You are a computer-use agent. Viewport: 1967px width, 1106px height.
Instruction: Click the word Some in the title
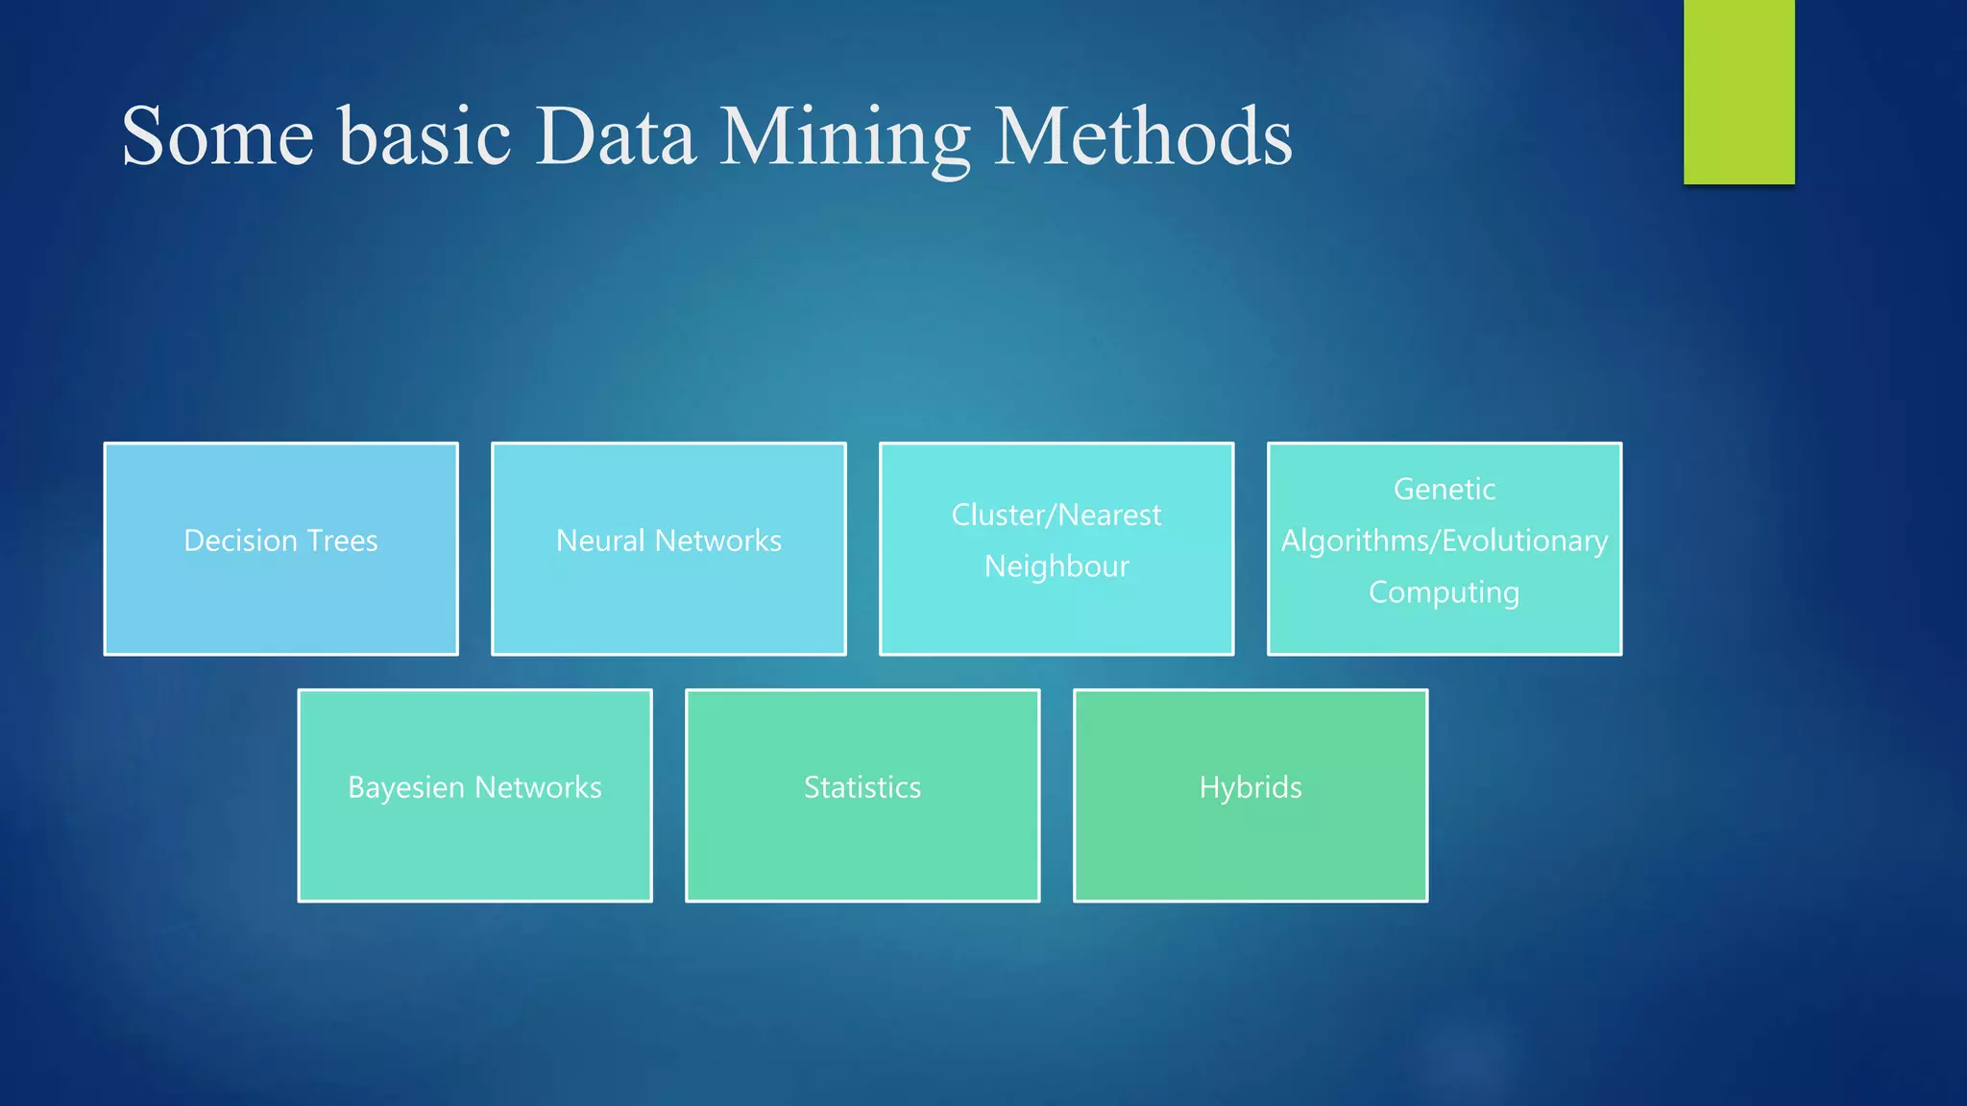click(x=218, y=137)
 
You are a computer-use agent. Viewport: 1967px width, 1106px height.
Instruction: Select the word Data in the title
click(x=615, y=137)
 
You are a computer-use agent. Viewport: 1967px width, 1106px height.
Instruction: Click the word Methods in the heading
click(x=1143, y=137)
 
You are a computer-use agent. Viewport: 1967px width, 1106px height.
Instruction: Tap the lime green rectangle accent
click(x=1738, y=91)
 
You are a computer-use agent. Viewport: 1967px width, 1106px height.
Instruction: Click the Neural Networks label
click(x=668, y=541)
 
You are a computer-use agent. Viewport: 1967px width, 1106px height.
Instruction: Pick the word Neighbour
click(x=1056, y=566)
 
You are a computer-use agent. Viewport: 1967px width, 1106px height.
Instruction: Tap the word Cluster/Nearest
click(x=1056, y=516)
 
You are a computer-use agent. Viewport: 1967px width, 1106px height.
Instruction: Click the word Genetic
click(x=1445, y=490)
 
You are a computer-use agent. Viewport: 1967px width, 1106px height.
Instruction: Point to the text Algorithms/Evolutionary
click(x=1445, y=541)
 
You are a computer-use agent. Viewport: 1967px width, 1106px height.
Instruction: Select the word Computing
click(x=1445, y=592)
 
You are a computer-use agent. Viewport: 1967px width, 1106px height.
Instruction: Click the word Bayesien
click(x=406, y=788)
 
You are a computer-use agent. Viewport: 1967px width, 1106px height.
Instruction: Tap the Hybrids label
click(x=1251, y=787)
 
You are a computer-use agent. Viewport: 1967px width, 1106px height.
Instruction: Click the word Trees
click(x=342, y=541)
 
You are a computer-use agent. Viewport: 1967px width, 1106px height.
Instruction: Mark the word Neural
click(x=600, y=541)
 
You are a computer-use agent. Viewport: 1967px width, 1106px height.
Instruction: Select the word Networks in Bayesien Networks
click(x=538, y=787)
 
